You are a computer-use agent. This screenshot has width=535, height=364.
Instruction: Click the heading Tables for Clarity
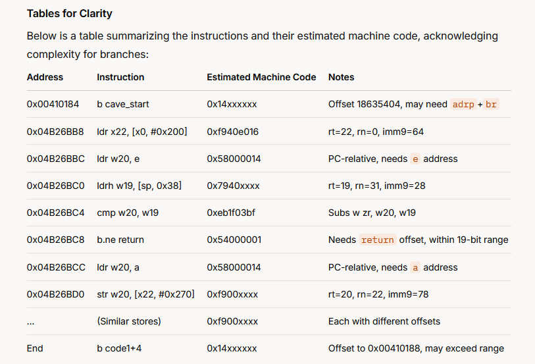(x=70, y=14)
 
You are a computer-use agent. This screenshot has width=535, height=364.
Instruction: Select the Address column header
(x=45, y=77)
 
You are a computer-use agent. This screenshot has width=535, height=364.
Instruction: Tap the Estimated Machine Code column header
(x=261, y=77)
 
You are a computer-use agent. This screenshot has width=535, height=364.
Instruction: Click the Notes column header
(x=341, y=77)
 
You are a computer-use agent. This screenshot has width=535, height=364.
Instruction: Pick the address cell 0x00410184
(x=53, y=104)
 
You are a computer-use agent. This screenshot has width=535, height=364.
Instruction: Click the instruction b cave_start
(x=123, y=104)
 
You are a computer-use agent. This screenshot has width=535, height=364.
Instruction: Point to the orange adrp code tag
(x=463, y=104)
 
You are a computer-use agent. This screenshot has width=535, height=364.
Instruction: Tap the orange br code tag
(x=491, y=104)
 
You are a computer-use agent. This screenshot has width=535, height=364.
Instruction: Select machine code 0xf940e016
(x=233, y=132)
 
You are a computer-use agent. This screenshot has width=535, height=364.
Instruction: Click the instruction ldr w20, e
(x=118, y=159)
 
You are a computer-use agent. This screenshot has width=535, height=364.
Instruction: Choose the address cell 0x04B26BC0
(x=56, y=186)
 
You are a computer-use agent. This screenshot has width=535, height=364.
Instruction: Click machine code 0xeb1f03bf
(x=231, y=213)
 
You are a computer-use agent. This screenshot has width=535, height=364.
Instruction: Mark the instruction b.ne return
(x=120, y=240)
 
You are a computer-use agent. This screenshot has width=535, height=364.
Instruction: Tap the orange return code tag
(x=377, y=240)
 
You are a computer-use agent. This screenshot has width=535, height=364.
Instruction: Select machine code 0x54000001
(x=234, y=240)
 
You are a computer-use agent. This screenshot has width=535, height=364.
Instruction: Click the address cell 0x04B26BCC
(x=56, y=267)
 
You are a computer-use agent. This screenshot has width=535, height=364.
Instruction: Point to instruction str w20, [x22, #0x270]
(x=145, y=294)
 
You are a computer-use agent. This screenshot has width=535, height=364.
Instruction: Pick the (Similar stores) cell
(x=129, y=321)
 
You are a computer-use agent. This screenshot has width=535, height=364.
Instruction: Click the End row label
(x=35, y=348)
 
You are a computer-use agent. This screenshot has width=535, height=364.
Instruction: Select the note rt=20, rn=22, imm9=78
(x=378, y=294)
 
